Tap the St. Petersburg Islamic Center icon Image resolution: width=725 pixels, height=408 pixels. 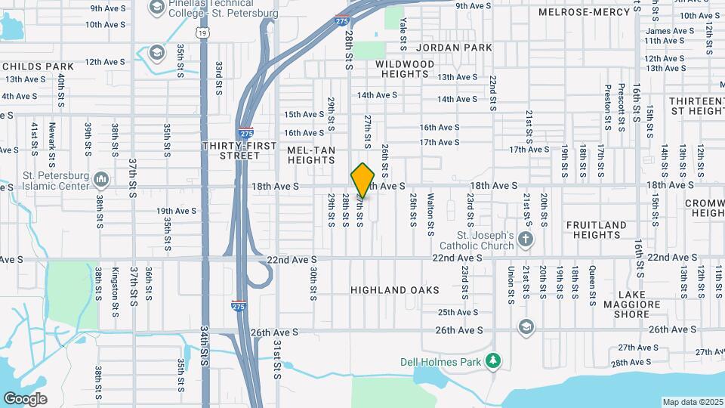click(103, 180)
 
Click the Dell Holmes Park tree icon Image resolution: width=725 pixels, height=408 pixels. click(492, 360)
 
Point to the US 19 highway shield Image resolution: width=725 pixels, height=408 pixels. click(201, 33)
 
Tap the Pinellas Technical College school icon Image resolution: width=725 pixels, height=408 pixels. click(156, 8)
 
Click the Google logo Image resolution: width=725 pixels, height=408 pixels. click(25, 398)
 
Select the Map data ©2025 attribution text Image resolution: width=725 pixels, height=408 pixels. click(693, 402)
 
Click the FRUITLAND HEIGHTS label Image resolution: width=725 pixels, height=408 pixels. click(597, 230)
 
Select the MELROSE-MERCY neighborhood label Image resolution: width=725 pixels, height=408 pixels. click(584, 12)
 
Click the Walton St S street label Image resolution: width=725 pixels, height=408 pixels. click(430, 214)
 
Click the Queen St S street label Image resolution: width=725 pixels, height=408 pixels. click(593, 284)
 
